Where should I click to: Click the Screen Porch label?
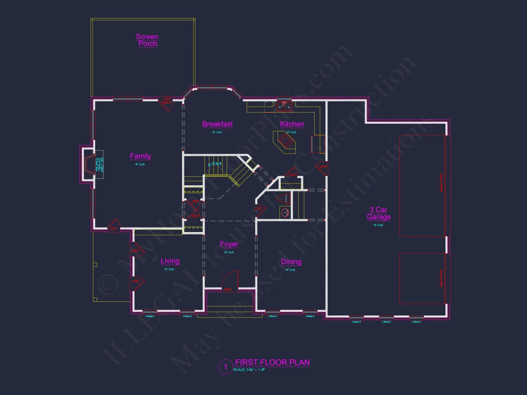[147, 40]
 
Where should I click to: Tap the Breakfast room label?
[217, 124]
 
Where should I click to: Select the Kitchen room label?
[292, 124]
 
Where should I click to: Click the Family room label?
[140, 156]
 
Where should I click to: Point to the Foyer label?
[229, 244]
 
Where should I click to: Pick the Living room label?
[170, 261]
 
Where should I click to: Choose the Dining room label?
[291, 262]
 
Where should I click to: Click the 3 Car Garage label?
[379, 213]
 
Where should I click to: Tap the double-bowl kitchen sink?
[284, 107]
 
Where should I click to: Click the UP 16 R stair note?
[216, 164]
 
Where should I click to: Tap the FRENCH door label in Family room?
[167, 102]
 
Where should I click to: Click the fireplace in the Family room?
[88, 164]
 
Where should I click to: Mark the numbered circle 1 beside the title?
[225, 367]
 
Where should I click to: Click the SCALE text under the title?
[249, 370]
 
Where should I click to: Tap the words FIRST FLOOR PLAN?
[272, 362]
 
